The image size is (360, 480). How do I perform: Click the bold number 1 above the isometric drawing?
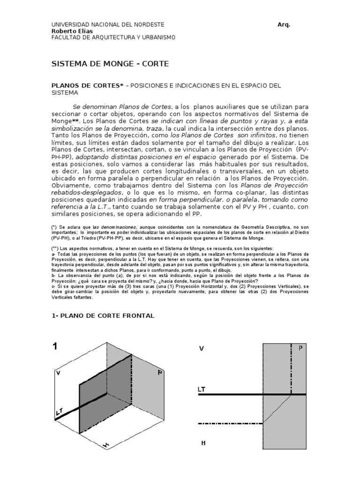(x=55, y=347)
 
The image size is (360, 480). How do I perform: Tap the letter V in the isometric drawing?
(x=58, y=373)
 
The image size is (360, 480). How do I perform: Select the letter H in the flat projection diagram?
(x=203, y=442)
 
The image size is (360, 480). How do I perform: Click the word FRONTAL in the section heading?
(x=134, y=316)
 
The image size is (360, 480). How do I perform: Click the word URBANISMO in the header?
(x=141, y=37)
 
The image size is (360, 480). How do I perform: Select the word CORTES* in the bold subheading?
(x=105, y=86)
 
